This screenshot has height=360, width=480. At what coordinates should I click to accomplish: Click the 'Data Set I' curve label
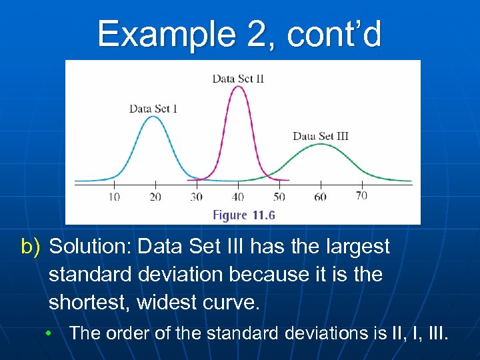[153, 108]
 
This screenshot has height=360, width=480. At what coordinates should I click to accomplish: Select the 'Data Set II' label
[238, 79]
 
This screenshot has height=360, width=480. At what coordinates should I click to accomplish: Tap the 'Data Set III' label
[321, 136]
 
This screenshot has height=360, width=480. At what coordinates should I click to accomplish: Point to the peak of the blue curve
[153, 117]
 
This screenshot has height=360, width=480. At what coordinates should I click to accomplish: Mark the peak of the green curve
[321, 145]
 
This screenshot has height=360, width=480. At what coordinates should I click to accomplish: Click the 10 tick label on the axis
[114, 197]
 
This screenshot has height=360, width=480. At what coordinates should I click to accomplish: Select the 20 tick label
[155, 197]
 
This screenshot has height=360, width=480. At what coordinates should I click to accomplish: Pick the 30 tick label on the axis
[196, 197]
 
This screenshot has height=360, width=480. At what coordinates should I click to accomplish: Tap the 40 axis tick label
[237, 197]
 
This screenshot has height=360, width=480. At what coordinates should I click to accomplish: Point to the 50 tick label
[279, 197]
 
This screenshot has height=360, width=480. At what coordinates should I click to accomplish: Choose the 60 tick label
[320, 197]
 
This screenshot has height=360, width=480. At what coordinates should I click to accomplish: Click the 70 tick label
[361, 195]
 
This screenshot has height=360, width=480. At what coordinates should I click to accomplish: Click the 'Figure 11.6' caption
[244, 215]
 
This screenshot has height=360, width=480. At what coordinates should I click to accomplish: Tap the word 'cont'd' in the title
[334, 34]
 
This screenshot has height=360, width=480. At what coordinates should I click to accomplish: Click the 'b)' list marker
[31, 247]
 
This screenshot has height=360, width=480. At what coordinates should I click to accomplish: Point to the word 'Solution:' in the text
[90, 247]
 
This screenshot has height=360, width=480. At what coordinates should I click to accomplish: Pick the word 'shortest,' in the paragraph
[90, 303]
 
